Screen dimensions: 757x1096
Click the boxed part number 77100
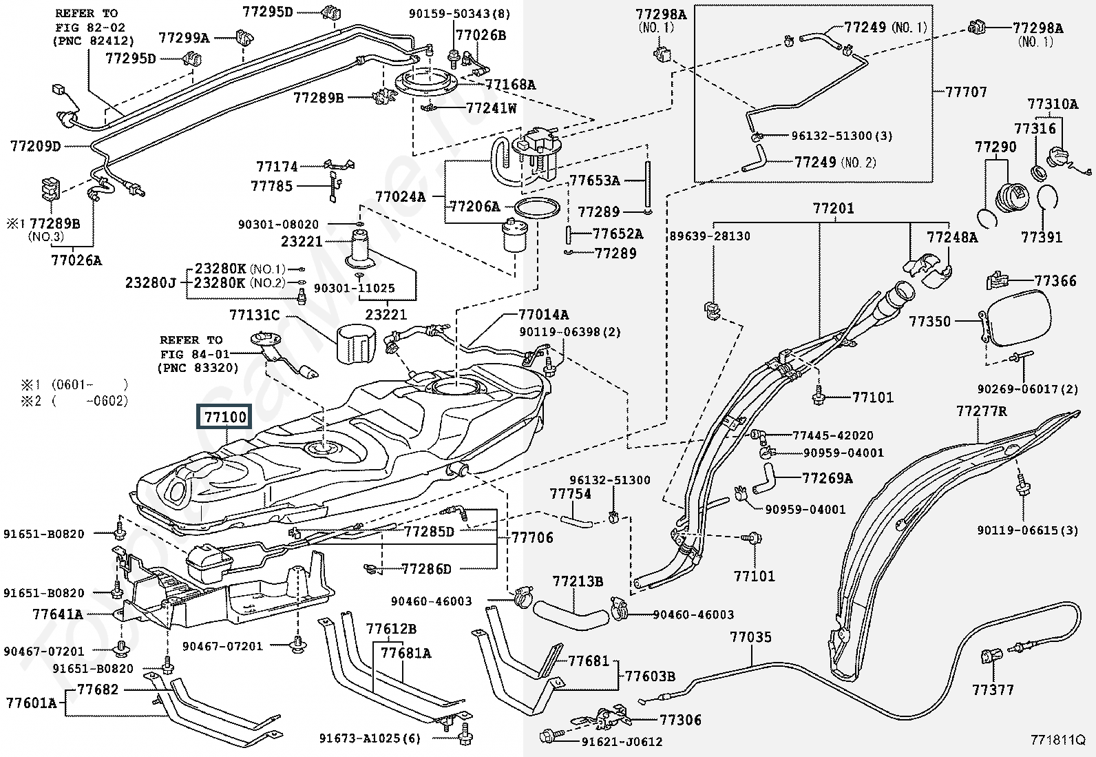point(223,417)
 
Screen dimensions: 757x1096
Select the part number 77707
point(966,92)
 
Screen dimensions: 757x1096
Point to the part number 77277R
point(981,411)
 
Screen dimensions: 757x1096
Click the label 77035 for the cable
point(750,637)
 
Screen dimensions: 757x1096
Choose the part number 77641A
point(57,614)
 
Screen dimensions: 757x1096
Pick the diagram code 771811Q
point(1057,740)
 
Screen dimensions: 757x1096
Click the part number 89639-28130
point(710,236)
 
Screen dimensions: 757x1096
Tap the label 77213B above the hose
point(578,582)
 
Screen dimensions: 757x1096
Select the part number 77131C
point(254,315)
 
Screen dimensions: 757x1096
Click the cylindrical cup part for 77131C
point(357,344)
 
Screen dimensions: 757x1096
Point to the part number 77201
point(833,208)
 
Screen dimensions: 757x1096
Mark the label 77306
point(680,720)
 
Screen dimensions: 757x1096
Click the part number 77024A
point(400,196)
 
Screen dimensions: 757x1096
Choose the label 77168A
point(509,85)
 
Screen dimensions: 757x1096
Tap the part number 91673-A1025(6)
point(369,738)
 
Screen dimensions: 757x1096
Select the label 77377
point(993,689)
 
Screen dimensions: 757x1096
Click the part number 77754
point(570,494)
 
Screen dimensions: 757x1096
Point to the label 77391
point(1042,237)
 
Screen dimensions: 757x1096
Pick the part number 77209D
point(35,146)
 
